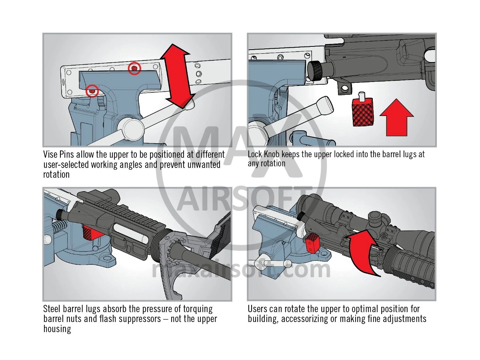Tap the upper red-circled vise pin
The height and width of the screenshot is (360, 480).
click(x=134, y=69)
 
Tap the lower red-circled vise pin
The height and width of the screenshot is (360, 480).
click(x=92, y=91)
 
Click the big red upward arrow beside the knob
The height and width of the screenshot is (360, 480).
click(x=396, y=119)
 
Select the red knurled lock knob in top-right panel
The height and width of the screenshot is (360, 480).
click(x=362, y=112)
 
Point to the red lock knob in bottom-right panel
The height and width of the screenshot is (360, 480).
click(x=312, y=244)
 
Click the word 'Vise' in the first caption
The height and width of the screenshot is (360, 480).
click(x=50, y=154)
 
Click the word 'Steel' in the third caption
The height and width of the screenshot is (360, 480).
click(x=53, y=309)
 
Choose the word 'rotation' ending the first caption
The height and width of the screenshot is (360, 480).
click(x=56, y=174)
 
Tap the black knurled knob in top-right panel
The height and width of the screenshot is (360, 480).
click(x=316, y=70)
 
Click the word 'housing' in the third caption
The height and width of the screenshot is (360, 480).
click(x=57, y=329)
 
